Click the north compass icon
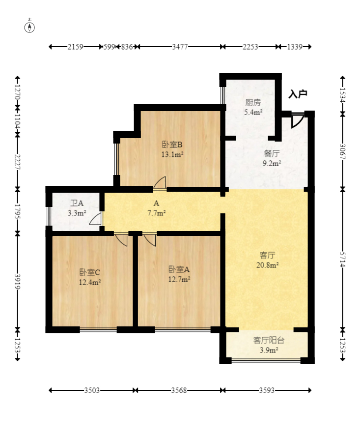pyautogui.click(x=29, y=27)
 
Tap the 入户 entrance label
pyautogui.click(x=298, y=94)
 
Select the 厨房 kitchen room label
pyautogui.click(x=253, y=103)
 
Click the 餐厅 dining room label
pyautogui.click(x=272, y=153)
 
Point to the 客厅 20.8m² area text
pyautogui.click(x=267, y=265)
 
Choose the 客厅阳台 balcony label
pyautogui.click(x=269, y=340)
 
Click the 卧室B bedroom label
pyautogui.click(x=172, y=145)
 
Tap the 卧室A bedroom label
pyautogui.click(x=179, y=269)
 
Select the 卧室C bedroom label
pyautogui.click(x=90, y=272)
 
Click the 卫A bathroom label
pyautogui.click(x=77, y=203)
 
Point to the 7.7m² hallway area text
pyautogui.click(x=157, y=213)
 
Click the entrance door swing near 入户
pyautogui.click(x=297, y=120)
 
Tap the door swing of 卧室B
pyautogui.click(x=160, y=182)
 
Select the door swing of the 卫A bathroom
pyautogui.click(x=95, y=219)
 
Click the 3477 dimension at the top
pyautogui.click(x=180, y=47)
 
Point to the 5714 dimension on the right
pyautogui.click(x=342, y=260)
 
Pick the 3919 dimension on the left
pyautogui.click(x=17, y=282)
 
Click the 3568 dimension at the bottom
pyautogui.click(x=179, y=390)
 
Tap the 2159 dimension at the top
pyautogui.click(x=75, y=47)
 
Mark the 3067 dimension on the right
pyautogui.click(x=342, y=151)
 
